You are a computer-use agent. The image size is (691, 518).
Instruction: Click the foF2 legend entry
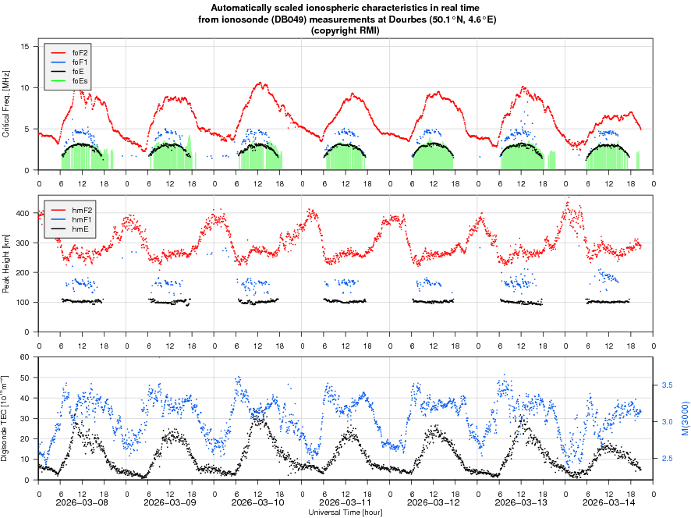click(x=80, y=52)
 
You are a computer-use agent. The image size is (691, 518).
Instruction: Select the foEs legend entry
click(x=80, y=80)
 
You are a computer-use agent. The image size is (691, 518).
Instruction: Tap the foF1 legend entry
click(x=80, y=62)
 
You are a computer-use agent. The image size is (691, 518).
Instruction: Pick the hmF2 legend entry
click(x=80, y=211)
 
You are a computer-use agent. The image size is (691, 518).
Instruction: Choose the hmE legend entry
click(x=80, y=229)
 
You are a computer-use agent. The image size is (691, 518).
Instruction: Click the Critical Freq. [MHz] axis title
click(x=6, y=105)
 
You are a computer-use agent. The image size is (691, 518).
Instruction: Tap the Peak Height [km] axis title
click(x=6, y=265)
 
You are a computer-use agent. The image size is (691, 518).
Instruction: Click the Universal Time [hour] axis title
click(x=345, y=513)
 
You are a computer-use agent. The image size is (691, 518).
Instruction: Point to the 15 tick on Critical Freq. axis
click(x=25, y=47)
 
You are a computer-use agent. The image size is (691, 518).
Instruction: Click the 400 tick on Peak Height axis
click(x=21, y=213)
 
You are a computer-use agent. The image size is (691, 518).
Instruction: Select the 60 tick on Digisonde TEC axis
click(x=23, y=357)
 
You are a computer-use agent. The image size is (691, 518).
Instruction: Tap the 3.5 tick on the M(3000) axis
click(x=668, y=385)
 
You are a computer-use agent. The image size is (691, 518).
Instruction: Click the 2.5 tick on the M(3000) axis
click(x=668, y=459)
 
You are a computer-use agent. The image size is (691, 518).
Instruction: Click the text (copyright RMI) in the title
click(x=345, y=30)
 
